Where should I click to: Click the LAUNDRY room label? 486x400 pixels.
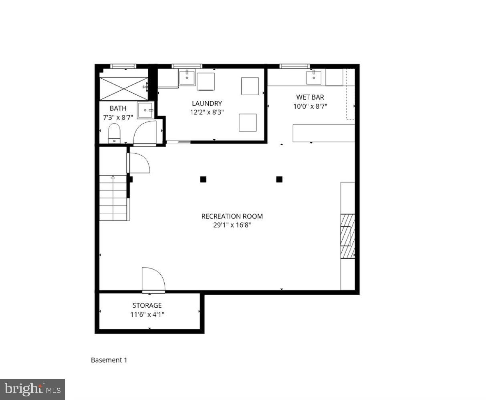point(206,104)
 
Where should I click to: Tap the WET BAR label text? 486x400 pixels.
point(310,97)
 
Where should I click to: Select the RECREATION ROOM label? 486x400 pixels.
point(232,216)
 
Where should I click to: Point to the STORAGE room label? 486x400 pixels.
point(147,306)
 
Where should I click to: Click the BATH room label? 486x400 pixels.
point(118,108)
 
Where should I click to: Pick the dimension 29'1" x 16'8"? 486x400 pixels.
point(232,225)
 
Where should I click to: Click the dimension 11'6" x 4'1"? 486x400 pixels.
point(147,314)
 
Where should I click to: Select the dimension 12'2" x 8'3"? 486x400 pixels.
point(206,112)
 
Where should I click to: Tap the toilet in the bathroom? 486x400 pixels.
point(115,133)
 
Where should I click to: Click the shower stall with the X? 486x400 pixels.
point(123,88)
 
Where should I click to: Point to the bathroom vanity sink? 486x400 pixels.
point(145,110)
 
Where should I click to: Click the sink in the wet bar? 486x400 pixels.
point(314,78)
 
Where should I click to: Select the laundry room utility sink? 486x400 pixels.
point(187,78)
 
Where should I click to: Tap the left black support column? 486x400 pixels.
point(203,179)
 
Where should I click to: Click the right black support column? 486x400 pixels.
point(279,179)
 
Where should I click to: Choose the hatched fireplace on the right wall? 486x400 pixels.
point(347,236)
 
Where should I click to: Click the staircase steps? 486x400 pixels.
point(113,198)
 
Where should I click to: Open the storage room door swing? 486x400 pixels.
point(153,279)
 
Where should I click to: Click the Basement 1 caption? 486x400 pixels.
point(109,360)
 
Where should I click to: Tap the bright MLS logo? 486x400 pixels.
point(32,389)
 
